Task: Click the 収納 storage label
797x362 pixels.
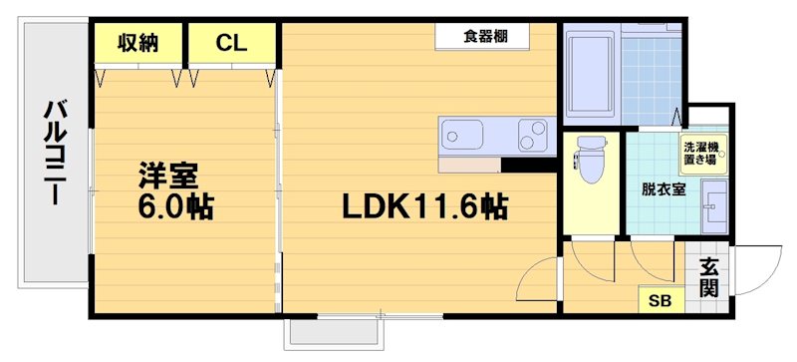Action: [x=138, y=42]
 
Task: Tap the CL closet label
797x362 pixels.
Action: [x=232, y=42]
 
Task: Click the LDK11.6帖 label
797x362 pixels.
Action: [x=425, y=207]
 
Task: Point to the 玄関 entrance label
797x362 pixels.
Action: [x=709, y=278]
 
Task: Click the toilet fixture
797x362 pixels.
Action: [x=591, y=160]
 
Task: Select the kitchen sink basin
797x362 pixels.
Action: [x=463, y=134]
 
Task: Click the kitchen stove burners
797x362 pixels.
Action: [x=533, y=134]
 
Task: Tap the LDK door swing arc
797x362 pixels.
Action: [x=544, y=275]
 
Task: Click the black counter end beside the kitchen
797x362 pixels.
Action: [x=528, y=166]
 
